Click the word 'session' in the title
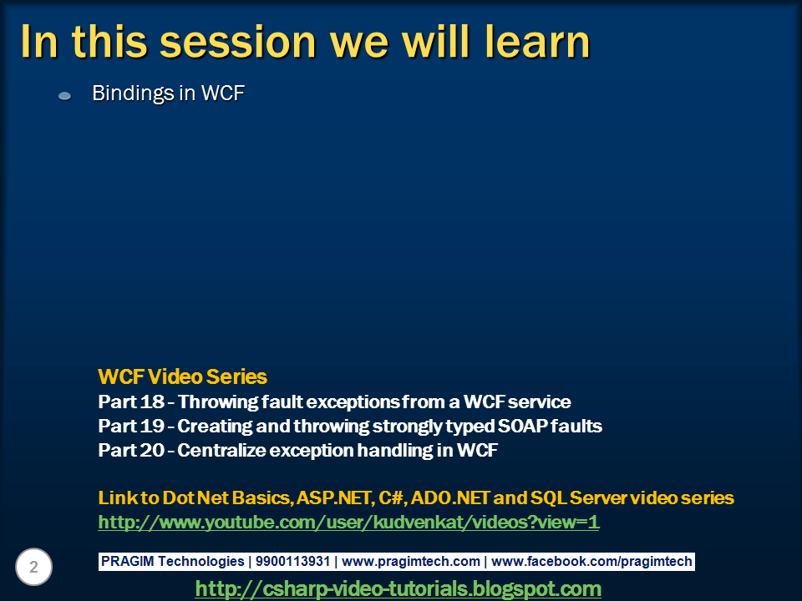point(238,42)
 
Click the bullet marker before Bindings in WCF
point(64,95)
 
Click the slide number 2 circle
point(33,567)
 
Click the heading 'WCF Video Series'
point(183,377)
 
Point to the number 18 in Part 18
point(152,402)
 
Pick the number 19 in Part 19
point(152,427)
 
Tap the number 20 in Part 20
point(152,450)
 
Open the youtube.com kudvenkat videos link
point(349,523)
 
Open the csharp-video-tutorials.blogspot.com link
point(398,588)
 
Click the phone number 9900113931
point(292,562)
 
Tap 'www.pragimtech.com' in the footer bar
point(411,562)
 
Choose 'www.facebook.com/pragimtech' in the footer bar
point(591,562)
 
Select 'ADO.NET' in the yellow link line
point(450,497)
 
